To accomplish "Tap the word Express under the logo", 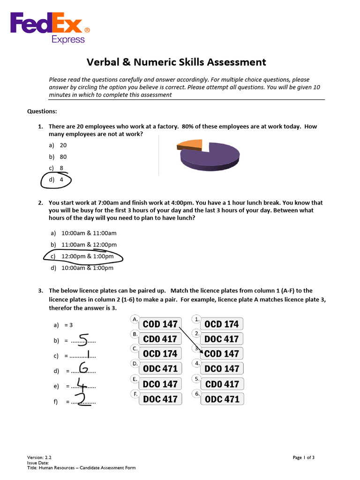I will [68, 40].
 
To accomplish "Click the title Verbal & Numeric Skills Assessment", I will [176, 62].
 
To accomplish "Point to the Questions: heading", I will [42, 112].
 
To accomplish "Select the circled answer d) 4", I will [56, 180].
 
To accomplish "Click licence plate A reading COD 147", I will [160, 324].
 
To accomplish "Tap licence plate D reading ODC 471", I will [160, 369].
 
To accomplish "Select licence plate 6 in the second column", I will [222, 399].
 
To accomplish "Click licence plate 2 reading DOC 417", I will [222, 339].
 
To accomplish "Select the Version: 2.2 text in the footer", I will [39, 457].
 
